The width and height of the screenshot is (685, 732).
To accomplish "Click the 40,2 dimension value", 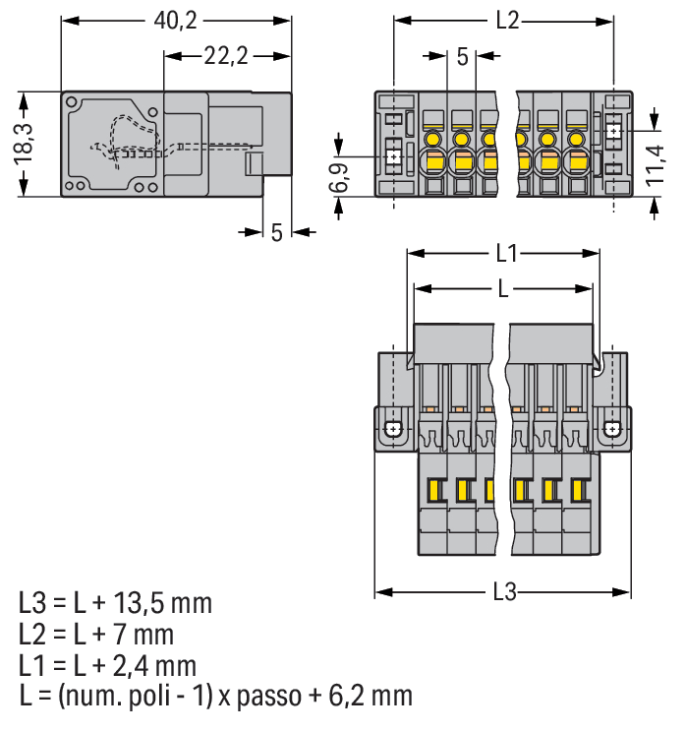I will point(176,21).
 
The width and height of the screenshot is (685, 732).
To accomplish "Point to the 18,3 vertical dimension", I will point(26,144).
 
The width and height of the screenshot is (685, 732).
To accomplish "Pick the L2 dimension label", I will point(505,21).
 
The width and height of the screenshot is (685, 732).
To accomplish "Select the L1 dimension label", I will point(505,254).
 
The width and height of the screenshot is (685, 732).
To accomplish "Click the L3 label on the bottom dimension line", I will point(504,592).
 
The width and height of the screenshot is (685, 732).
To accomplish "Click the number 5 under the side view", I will point(276,232).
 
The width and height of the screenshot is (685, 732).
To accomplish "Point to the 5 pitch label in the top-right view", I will point(462,57).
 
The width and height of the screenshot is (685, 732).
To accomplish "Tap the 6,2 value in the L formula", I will point(353,697).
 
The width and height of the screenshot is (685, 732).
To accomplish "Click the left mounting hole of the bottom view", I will point(392,429).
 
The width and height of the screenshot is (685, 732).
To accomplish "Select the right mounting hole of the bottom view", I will point(612,429).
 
